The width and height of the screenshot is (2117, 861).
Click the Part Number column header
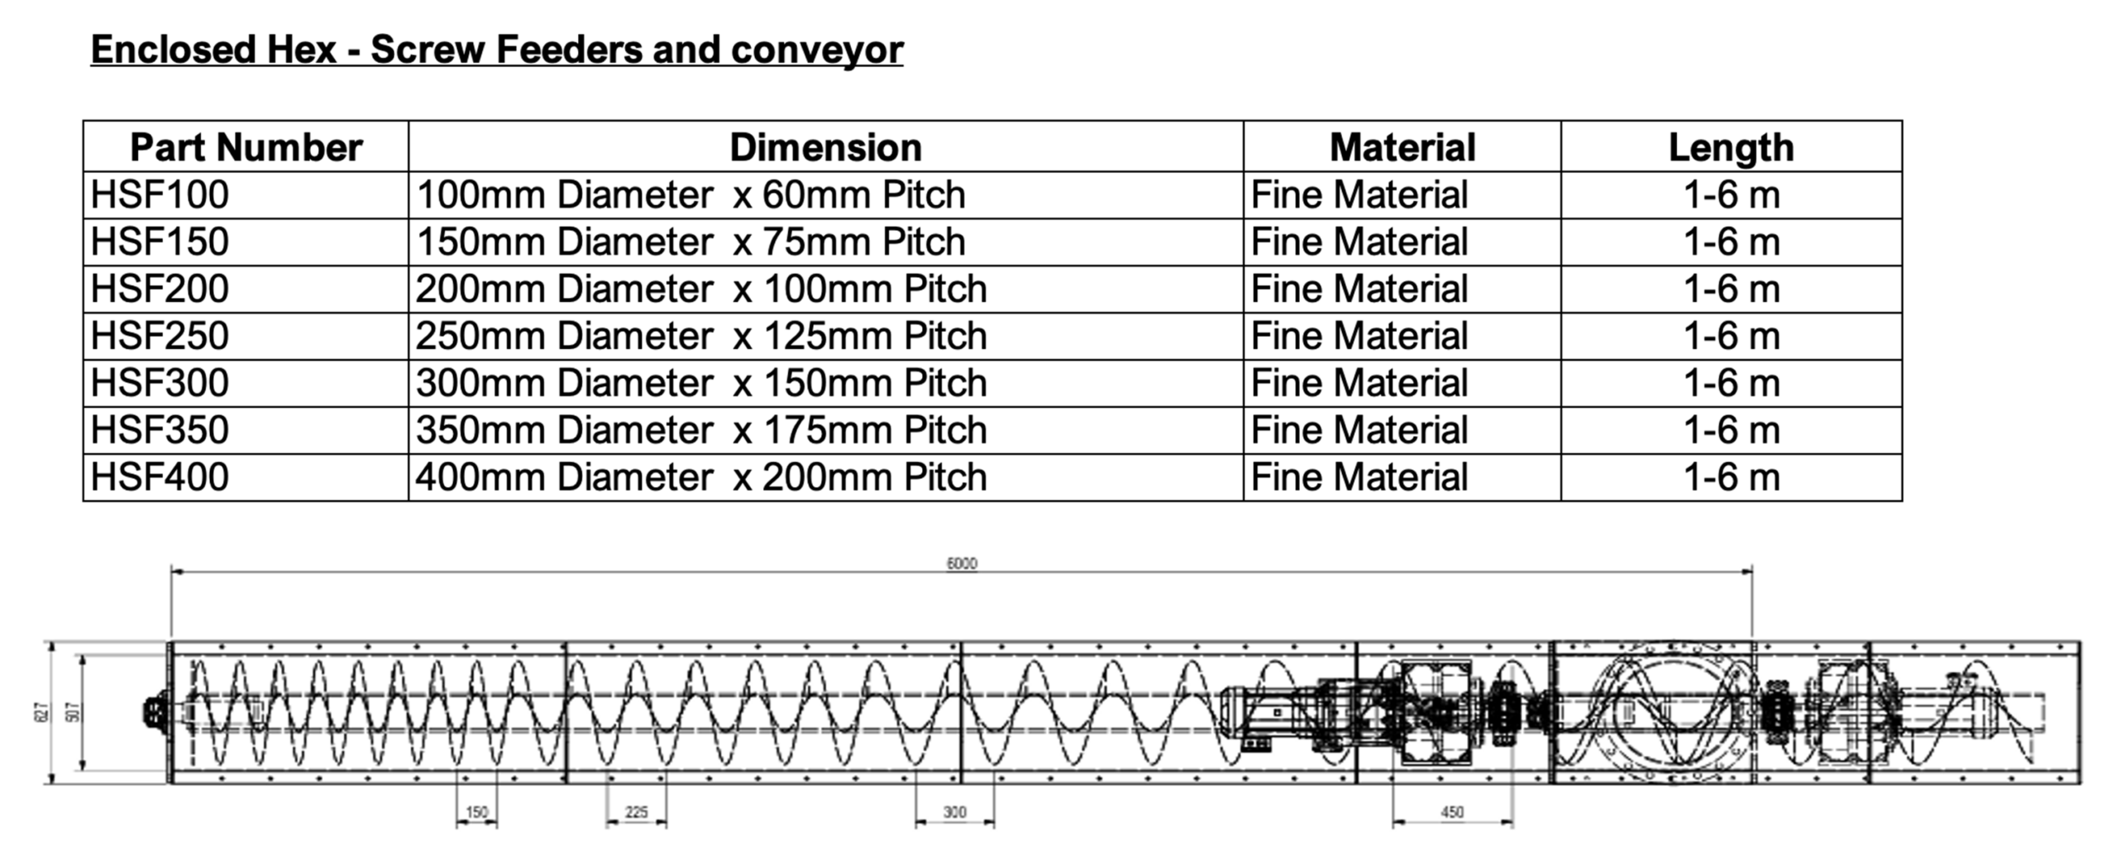click(246, 148)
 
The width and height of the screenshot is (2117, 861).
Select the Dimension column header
click(825, 148)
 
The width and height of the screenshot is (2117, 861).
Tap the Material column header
click(1403, 148)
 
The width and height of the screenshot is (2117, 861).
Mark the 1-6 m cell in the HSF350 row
click(1732, 430)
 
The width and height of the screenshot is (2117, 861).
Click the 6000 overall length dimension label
click(962, 564)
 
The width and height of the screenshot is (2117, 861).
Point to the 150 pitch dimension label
click(477, 812)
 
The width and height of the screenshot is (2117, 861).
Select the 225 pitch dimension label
click(637, 812)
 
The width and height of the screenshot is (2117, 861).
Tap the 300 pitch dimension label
click(955, 812)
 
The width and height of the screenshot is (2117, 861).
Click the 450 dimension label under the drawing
click(1452, 812)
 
